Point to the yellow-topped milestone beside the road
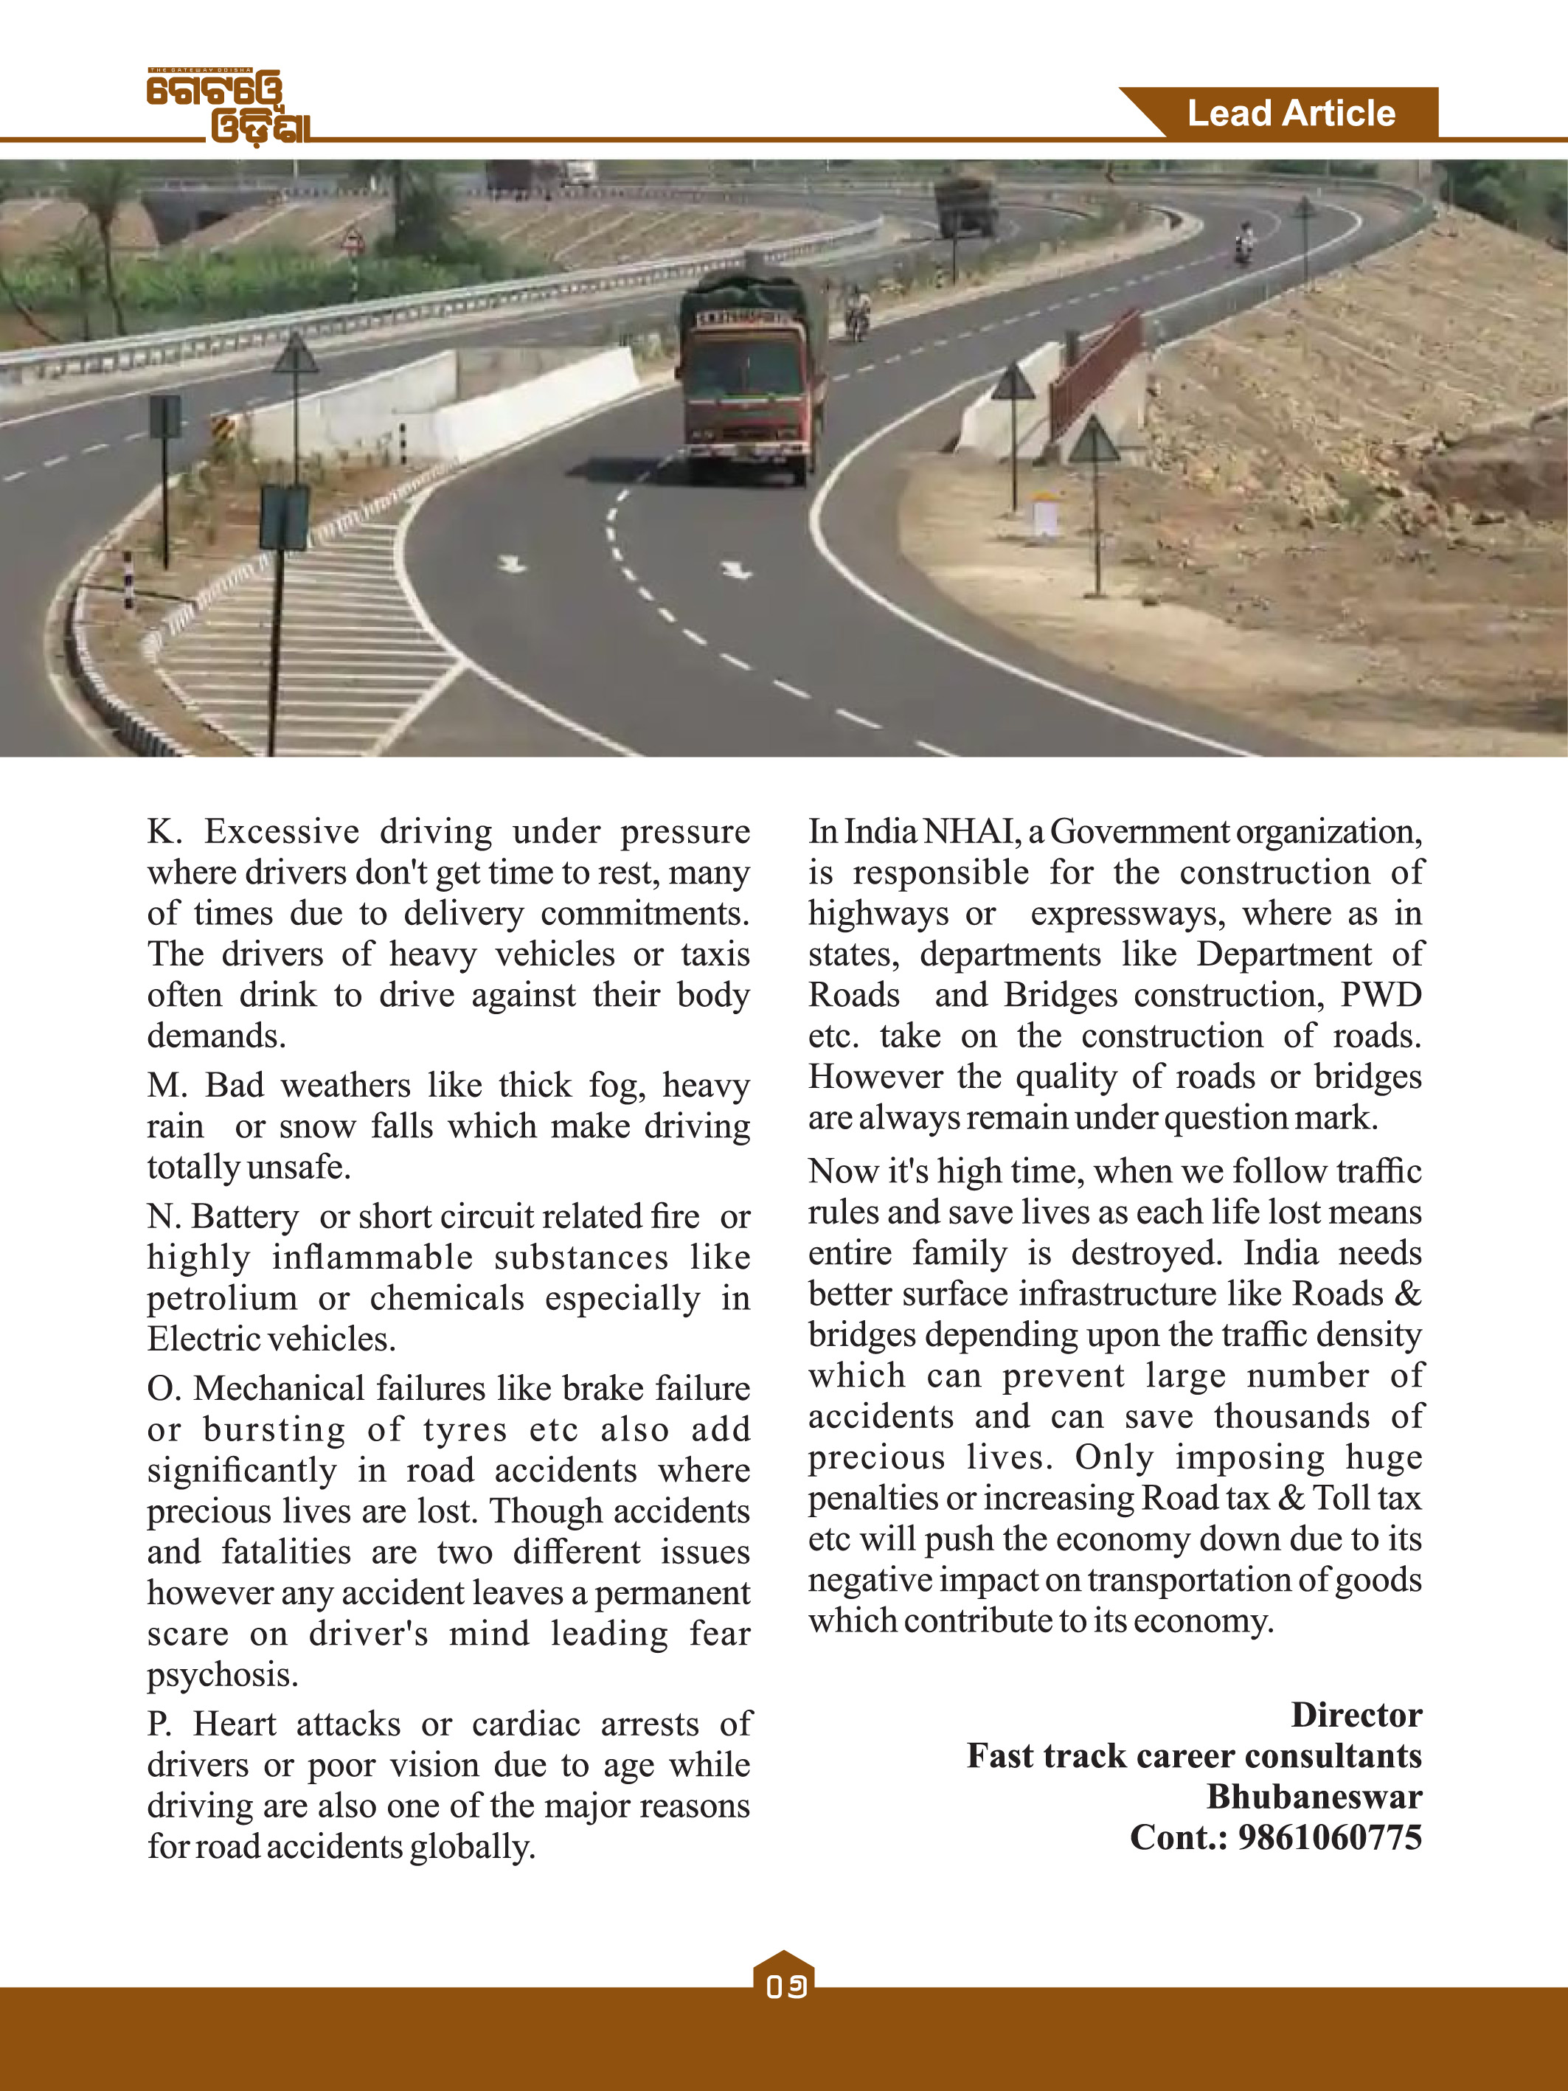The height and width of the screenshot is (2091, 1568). pos(1044,515)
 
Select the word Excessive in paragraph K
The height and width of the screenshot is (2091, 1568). pos(282,832)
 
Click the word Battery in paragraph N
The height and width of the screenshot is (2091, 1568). pos(245,1216)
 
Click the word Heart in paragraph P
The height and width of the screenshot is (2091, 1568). pos(235,1724)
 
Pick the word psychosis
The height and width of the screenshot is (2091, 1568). pos(222,1675)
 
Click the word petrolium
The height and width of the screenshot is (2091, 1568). pos(221,1299)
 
